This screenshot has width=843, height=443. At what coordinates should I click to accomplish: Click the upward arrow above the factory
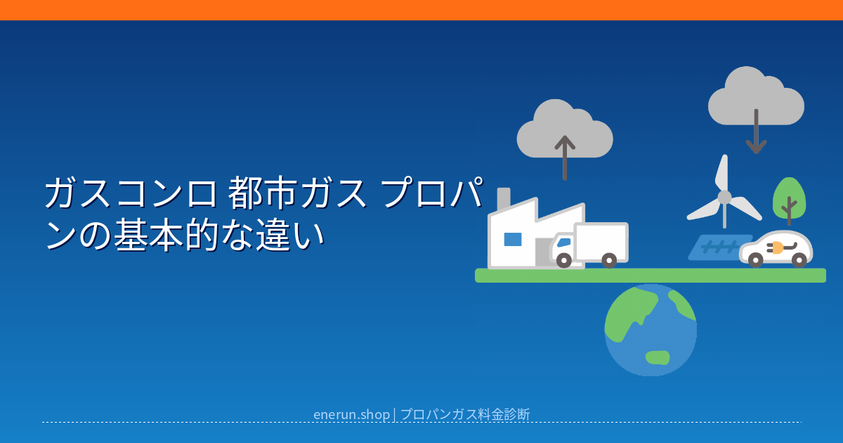pyautogui.click(x=565, y=158)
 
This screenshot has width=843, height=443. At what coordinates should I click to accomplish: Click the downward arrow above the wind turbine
pyautogui.click(x=756, y=131)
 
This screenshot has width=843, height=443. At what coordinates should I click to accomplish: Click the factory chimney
pyautogui.click(x=504, y=200)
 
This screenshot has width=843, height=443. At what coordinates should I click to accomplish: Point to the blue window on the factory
pyautogui.click(x=513, y=239)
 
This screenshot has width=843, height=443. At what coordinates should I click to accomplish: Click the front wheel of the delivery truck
pyautogui.click(x=563, y=260)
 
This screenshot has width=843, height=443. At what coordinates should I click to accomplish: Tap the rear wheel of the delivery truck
pyautogui.click(x=609, y=260)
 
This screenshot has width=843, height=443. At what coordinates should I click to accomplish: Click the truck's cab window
pyautogui.click(x=563, y=243)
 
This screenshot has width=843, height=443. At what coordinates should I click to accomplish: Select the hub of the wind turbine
pyautogui.click(x=724, y=198)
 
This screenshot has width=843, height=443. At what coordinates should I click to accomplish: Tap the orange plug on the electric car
pyautogui.click(x=777, y=248)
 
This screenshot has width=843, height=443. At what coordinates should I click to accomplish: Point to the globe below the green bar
pyautogui.click(x=651, y=330)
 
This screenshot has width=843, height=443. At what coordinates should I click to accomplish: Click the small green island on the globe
pyautogui.click(x=658, y=357)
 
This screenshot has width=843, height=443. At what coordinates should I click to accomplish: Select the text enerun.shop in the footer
pyautogui.click(x=351, y=414)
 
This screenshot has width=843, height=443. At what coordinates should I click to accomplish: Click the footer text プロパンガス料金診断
pyautogui.click(x=465, y=414)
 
